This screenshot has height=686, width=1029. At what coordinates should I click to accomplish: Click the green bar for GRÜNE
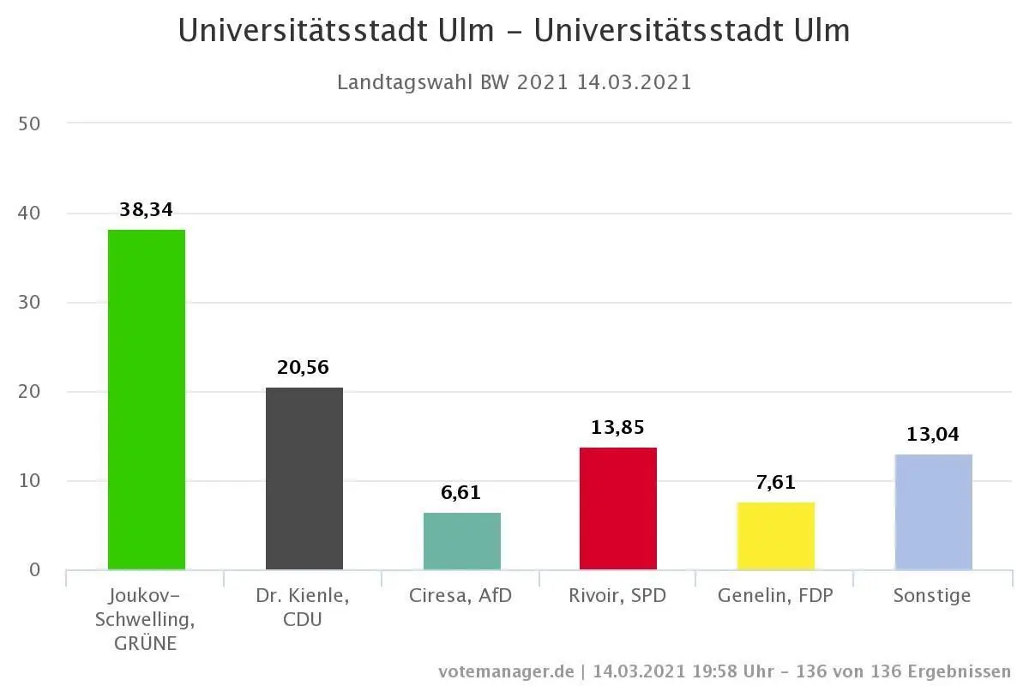(x=146, y=400)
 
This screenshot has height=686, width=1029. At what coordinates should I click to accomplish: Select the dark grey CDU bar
(x=304, y=478)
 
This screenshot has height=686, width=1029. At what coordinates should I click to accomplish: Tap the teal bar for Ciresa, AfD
(x=461, y=541)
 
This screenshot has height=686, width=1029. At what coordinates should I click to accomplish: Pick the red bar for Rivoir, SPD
(x=618, y=508)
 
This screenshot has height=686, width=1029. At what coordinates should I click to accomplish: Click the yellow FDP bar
(x=776, y=536)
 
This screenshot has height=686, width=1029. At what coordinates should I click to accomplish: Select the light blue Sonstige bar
(x=933, y=512)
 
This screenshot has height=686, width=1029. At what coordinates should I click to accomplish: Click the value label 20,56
(x=304, y=368)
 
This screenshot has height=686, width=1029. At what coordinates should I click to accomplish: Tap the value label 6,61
(x=461, y=493)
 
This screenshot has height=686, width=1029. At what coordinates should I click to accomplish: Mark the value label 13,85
(x=618, y=428)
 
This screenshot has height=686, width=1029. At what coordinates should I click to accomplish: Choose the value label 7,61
(x=776, y=483)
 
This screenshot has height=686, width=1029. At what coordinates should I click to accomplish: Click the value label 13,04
(x=933, y=435)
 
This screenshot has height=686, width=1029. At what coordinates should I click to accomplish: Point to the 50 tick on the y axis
(x=29, y=123)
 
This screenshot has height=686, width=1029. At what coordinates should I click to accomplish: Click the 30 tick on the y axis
(x=29, y=303)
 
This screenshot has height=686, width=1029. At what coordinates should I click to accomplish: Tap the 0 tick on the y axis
(x=34, y=570)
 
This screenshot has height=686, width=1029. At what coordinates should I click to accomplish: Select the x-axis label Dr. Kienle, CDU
(x=304, y=606)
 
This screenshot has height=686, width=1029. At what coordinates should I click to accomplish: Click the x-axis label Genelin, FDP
(x=776, y=596)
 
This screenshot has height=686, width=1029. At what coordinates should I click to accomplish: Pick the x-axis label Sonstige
(x=933, y=596)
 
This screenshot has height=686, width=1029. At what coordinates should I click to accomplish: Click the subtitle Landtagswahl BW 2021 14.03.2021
(x=514, y=83)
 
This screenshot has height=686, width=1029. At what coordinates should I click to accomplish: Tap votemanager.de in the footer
(x=506, y=671)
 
